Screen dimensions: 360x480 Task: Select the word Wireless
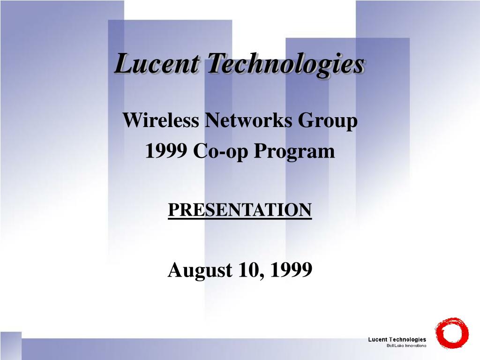[161, 121]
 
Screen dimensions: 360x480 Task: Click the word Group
[328, 121]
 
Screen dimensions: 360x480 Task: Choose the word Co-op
[219, 152]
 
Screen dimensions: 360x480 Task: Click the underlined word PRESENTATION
[240, 210]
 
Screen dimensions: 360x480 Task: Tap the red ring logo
[452, 333]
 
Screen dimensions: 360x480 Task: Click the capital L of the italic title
[124, 64]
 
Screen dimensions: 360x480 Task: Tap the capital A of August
[175, 270]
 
